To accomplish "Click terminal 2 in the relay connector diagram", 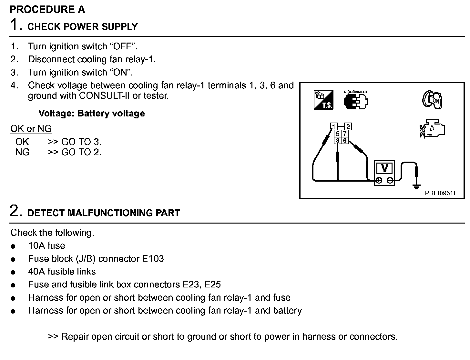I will (348, 126).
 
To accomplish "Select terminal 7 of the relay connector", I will (345, 134).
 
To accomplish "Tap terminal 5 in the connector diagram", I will (338, 134).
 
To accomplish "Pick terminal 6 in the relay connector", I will (345, 140).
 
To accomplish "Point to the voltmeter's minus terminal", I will (390, 180).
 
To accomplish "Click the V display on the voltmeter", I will (385, 168).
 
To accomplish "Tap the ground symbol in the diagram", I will (417, 186).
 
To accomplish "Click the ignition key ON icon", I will (433, 100).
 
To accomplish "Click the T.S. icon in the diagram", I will (323, 100).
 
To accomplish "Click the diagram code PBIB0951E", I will (441, 193).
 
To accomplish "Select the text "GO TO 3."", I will (81, 142).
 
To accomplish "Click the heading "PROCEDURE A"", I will (47, 10).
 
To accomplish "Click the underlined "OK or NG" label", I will (31, 129).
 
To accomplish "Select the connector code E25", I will (212, 285).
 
